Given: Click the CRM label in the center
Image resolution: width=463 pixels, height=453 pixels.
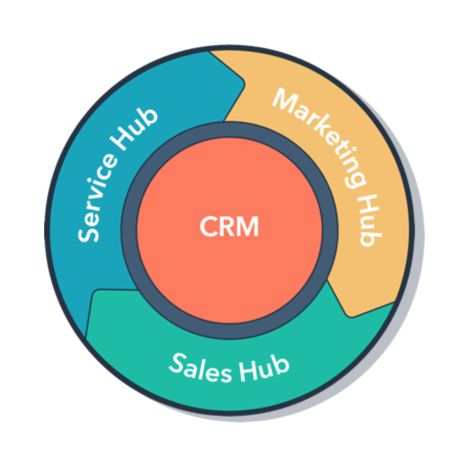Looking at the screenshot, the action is [229, 226].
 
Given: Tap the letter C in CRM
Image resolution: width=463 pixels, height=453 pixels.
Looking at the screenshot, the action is [208, 226].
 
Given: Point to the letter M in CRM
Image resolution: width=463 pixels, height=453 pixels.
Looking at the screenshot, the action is [248, 226].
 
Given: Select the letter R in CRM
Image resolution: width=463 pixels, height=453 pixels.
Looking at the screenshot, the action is [228, 226].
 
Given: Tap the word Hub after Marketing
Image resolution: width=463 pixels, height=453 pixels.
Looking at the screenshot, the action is [370, 221].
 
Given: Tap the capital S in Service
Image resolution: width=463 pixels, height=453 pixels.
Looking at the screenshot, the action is [88, 234].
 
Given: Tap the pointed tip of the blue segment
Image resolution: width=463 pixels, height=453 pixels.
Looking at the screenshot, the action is [244, 84].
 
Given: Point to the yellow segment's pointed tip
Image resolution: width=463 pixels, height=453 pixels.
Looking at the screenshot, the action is [349, 316].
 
